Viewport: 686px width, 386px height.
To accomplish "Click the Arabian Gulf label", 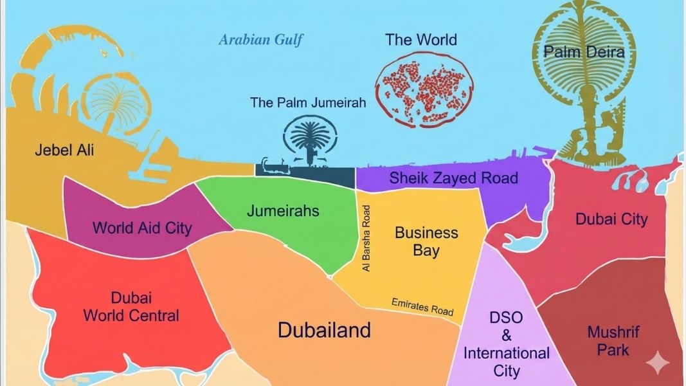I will pos(260,40).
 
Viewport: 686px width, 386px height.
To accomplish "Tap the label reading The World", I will pos(421,40).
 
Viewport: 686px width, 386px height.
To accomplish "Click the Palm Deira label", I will pos(584,52).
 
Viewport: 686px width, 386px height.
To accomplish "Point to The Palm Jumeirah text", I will pos(308,102).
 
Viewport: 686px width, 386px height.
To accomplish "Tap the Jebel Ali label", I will pos(64,151).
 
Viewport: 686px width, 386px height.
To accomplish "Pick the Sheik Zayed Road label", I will pos(453,178).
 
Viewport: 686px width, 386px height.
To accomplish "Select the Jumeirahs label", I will pos(283,210).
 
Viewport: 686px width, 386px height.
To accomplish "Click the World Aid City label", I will pos(142,228).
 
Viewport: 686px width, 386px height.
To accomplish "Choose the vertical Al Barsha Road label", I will pos(367,238).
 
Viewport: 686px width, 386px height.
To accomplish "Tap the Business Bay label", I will pos(426,241).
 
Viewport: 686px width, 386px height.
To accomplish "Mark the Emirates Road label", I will pos(422,306).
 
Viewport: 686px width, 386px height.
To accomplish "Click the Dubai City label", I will pos(611,219).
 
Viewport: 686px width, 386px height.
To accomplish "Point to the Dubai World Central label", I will pos(131,307).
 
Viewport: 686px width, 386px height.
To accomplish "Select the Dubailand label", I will pos(324,330).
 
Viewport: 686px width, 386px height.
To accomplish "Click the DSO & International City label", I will pos(507,344).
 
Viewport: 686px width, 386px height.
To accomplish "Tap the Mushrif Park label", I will pos(613,341).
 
